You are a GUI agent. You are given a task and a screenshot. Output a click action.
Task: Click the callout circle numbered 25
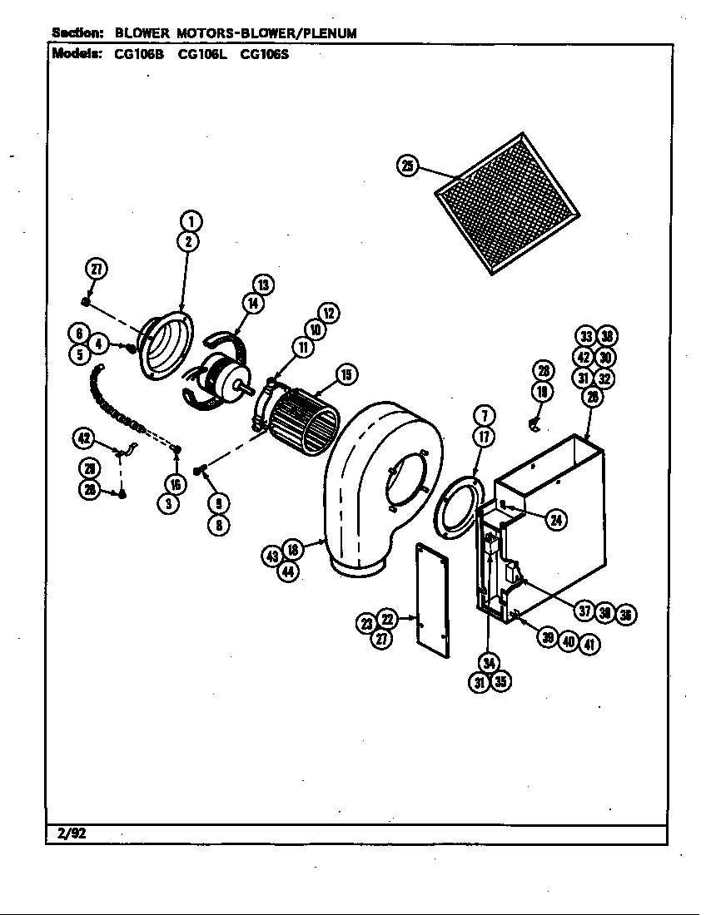pos(407,166)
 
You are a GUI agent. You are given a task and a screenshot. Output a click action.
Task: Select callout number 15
pos(346,375)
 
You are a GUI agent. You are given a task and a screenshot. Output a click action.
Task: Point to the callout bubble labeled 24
pos(556,521)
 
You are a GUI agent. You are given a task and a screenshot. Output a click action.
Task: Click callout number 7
pos(485,416)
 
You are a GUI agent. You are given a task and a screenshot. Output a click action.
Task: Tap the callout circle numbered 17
pos(485,436)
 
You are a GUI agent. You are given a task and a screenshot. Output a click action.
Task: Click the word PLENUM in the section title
pos(327,33)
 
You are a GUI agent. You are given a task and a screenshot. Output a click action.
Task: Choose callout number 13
pos(263,284)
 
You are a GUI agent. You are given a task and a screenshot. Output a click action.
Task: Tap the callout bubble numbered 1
pos(191,221)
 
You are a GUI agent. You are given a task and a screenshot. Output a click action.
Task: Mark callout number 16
pos(174,485)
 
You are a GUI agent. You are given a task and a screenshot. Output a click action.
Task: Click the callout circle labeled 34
pos(488,662)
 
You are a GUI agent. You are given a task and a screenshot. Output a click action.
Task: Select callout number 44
pos(289,572)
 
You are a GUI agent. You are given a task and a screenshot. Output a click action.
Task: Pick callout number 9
pos(219,502)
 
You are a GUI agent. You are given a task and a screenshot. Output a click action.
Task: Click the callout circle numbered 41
pos(590,641)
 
